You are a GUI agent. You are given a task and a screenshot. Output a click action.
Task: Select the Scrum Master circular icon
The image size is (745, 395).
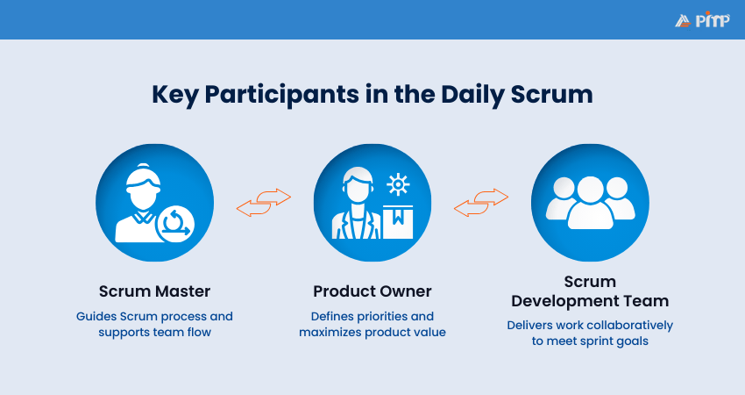tap(154, 203)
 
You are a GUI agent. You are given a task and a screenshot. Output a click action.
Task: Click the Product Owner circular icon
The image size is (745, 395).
tap(372, 203)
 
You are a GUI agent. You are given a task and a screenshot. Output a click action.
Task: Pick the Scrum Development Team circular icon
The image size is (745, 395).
tap(590, 203)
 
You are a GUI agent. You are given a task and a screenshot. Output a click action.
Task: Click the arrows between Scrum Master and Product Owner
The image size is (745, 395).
tap(264, 203)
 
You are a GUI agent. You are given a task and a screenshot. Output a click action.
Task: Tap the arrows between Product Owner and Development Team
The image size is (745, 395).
tap(480, 203)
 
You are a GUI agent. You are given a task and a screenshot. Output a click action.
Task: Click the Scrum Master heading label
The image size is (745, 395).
tap(153, 291)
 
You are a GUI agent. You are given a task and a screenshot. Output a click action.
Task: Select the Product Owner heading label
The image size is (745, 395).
tap(372, 291)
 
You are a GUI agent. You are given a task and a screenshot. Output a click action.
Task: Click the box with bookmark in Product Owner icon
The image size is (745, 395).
tap(398, 221)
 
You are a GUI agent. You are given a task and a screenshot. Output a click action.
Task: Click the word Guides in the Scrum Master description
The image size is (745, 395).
tap(93, 316)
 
